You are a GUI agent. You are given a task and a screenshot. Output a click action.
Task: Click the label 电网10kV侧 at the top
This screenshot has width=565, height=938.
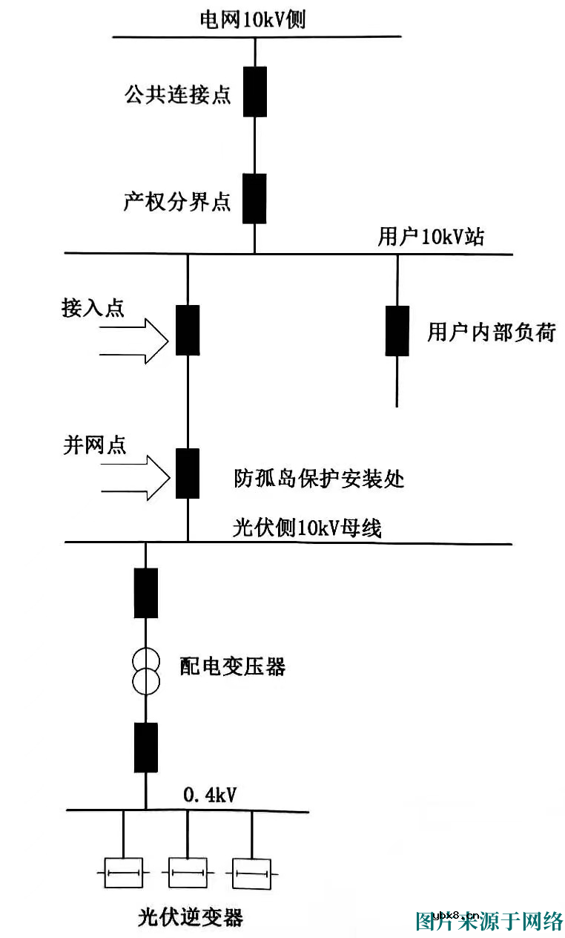tap(253, 19)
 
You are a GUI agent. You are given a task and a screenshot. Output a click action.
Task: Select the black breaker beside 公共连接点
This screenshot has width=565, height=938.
tap(255, 91)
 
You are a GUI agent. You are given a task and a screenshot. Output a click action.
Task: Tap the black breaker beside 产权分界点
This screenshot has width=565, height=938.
tap(255, 198)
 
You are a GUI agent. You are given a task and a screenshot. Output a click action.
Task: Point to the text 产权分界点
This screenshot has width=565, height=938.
tap(177, 202)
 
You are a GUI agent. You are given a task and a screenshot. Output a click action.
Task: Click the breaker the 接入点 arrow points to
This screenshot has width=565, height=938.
tap(187, 330)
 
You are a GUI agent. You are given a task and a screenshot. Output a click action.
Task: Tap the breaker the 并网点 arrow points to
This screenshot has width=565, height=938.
tap(187, 473)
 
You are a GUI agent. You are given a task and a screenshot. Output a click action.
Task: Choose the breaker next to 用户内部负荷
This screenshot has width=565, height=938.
tap(397, 331)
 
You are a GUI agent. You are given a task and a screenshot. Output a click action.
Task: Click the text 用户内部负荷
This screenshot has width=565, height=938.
tap(491, 332)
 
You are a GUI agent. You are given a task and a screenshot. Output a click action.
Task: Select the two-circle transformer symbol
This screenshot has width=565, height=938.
tap(145, 670)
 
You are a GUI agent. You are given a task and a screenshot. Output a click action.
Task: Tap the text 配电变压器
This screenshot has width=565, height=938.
tap(233, 666)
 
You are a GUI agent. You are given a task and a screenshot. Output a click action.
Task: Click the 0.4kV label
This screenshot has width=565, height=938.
tap(210, 796)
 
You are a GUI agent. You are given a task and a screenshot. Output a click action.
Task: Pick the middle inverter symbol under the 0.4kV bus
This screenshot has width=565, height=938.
tap(187, 873)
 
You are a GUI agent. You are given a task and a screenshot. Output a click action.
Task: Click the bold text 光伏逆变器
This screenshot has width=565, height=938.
tap(191, 917)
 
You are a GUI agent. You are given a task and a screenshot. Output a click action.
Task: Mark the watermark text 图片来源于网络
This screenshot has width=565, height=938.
tap(489, 921)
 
